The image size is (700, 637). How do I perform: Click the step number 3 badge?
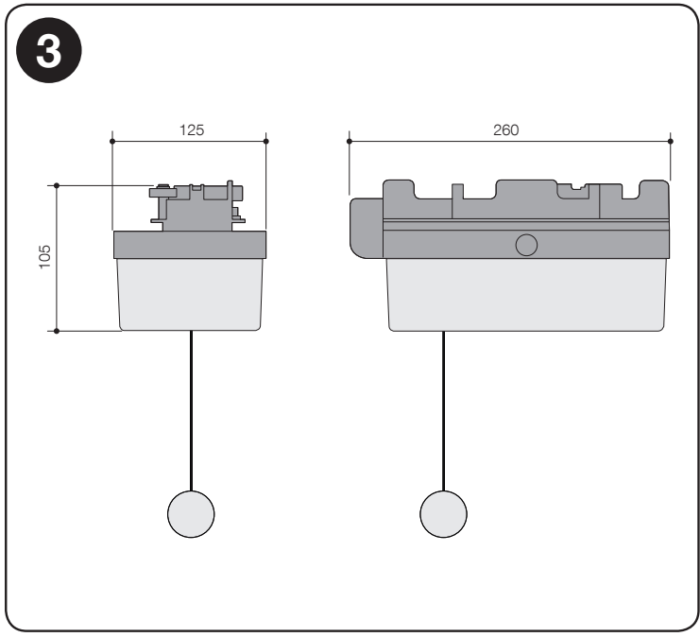49,50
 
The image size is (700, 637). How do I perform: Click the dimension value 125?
192,130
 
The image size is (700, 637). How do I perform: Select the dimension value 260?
505,130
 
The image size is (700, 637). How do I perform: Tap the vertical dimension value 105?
45,256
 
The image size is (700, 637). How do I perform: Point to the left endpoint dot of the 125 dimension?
112,141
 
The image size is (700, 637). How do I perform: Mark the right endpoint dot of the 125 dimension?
266,141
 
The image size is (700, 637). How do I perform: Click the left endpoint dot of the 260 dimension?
350,141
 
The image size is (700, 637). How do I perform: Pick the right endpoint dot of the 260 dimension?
671,141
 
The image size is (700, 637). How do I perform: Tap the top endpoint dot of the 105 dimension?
57,185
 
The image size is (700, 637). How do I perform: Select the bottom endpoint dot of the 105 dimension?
57,331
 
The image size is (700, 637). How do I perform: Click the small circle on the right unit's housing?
526,245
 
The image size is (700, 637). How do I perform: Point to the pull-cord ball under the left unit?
191,514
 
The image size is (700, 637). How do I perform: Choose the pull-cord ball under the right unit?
443,514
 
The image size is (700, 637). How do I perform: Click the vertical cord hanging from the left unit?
191,410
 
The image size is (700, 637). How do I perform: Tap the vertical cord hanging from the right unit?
443,411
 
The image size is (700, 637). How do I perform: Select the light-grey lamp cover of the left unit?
190,294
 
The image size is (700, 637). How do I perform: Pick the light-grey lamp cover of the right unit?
527,295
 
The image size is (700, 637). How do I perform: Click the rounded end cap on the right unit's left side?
367,229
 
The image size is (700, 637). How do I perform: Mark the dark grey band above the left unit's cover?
190,245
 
